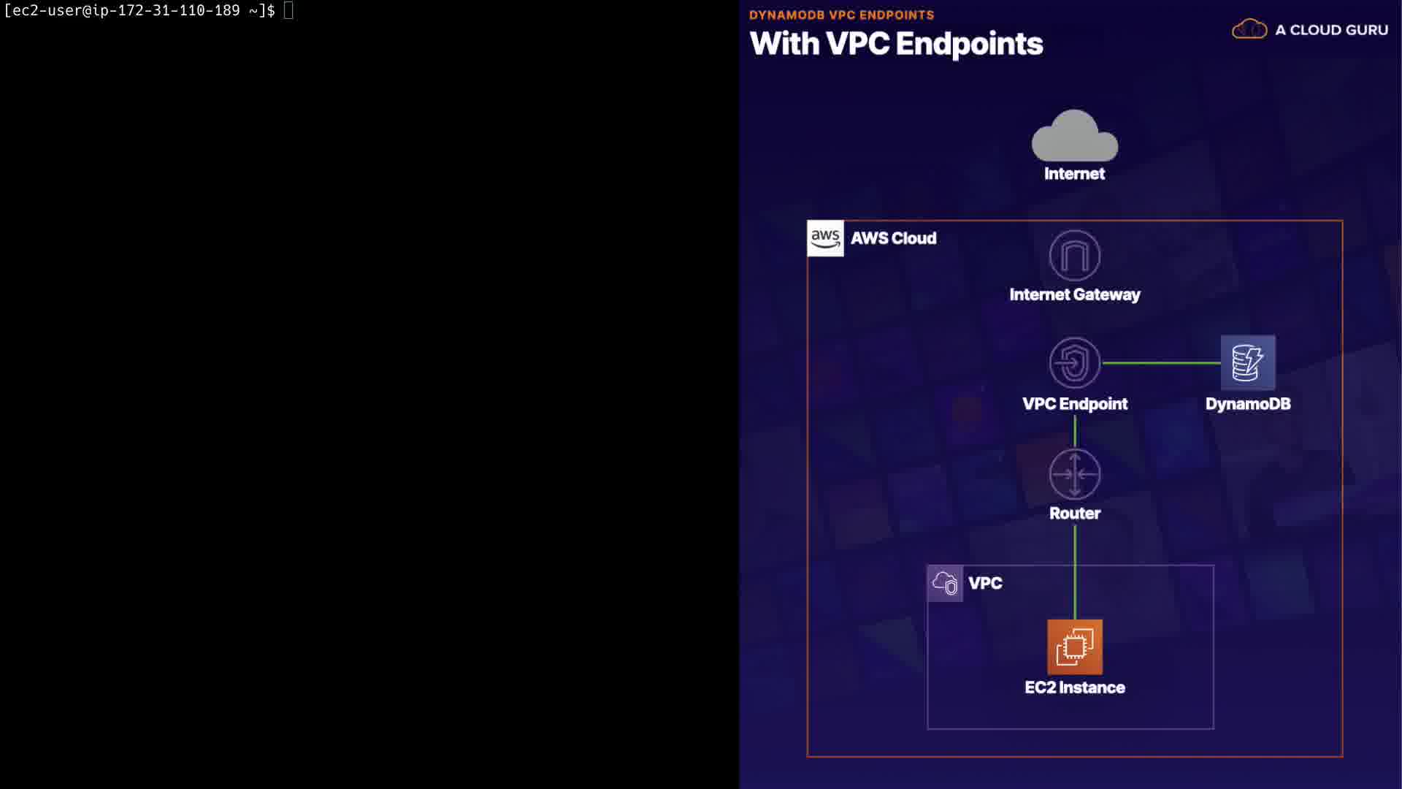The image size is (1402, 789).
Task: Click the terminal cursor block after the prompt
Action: (x=288, y=10)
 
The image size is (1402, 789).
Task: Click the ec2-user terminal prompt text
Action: (x=139, y=10)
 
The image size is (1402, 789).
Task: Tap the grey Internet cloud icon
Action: (x=1074, y=137)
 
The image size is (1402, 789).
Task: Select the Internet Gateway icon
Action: (x=1074, y=256)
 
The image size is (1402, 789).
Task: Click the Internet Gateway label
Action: (x=1074, y=294)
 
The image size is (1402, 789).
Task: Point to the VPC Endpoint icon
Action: (x=1074, y=362)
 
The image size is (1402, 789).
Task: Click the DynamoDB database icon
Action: (x=1247, y=362)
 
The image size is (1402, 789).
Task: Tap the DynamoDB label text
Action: (x=1247, y=404)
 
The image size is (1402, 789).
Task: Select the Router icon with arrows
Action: (x=1074, y=474)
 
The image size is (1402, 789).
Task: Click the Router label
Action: (x=1074, y=513)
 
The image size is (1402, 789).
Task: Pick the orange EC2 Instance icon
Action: (x=1074, y=647)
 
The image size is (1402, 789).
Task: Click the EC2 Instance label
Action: (x=1074, y=687)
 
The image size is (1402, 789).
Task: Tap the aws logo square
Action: (x=825, y=238)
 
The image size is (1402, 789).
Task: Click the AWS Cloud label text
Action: (x=893, y=238)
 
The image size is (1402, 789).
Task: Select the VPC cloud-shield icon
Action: (x=945, y=583)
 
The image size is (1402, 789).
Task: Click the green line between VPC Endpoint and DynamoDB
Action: (x=1161, y=362)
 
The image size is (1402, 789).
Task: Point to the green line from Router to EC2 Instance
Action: (x=1074, y=570)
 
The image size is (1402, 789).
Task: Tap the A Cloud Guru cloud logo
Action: (x=1249, y=29)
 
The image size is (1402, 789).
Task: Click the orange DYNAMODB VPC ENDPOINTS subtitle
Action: (x=841, y=15)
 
